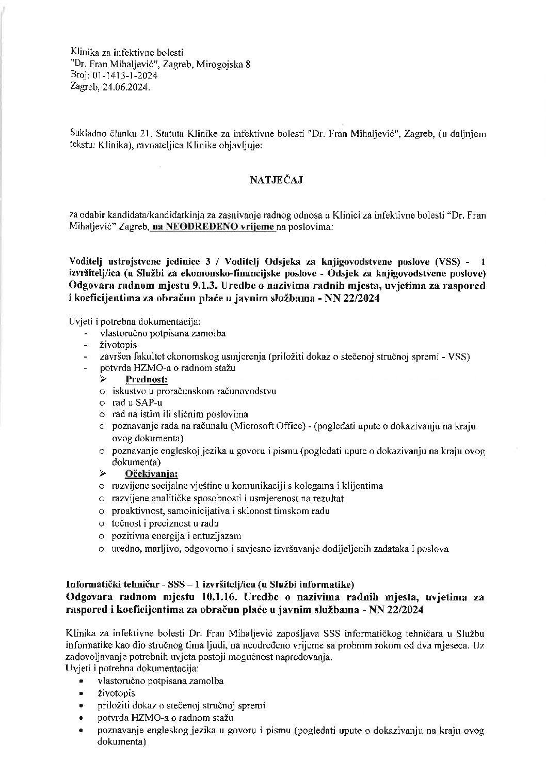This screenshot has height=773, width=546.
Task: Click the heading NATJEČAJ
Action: (x=272, y=180)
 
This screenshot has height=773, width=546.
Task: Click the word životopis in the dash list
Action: (x=118, y=345)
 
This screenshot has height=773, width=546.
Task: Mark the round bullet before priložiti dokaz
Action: (x=81, y=706)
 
